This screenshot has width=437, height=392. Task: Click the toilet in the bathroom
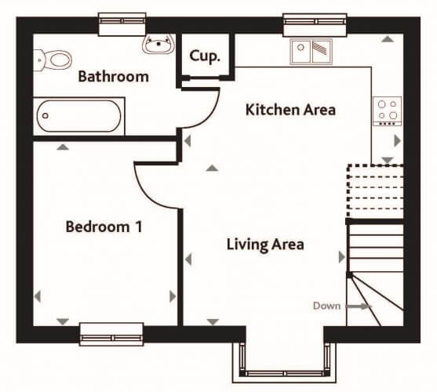[53, 60]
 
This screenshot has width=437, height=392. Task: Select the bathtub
[79, 116]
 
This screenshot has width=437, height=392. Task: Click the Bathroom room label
[114, 77]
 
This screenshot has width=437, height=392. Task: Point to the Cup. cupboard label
[205, 56]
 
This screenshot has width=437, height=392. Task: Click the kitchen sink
[311, 52]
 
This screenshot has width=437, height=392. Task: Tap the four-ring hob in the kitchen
[388, 111]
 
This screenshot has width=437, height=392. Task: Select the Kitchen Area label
[290, 110]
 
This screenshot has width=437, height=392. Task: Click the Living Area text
[265, 245]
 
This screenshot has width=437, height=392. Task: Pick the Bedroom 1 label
[104, 227]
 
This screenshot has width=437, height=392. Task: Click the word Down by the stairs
[326, 306]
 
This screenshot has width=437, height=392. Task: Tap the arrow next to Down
[359, 307]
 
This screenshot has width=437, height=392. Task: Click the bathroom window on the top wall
[122, 24]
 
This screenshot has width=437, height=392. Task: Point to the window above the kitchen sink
[315, 25]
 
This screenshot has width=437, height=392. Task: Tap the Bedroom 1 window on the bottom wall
[111, 334]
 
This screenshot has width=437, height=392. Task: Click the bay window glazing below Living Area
[284, 374]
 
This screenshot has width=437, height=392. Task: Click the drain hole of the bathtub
[46, 116]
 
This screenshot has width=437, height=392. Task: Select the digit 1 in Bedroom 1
[139, 227]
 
